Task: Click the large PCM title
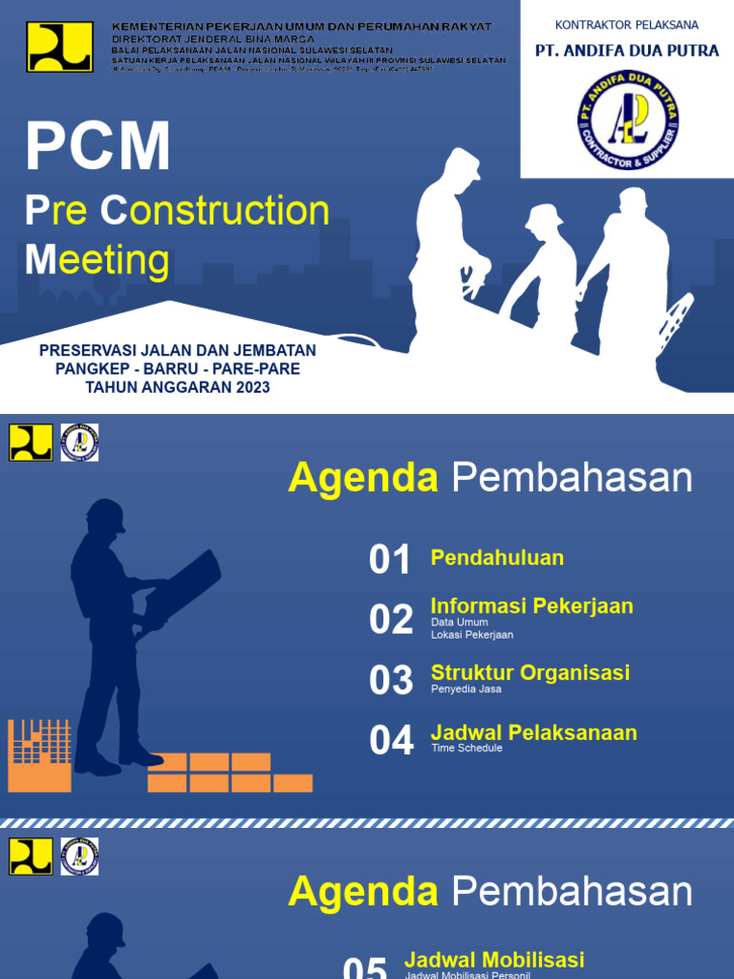point(97,146)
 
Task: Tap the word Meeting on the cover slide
point(97,259)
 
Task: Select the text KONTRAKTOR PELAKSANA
point(627,24)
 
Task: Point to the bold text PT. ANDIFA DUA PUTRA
point(627,50)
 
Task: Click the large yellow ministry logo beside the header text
point(59,47)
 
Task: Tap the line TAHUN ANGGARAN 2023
point(178,387)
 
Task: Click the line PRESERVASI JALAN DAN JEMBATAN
point(178,351)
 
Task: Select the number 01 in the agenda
point(390,560)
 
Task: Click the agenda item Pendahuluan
point(497,557)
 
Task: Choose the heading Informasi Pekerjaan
point(531,606)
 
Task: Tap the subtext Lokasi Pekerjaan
point(472,635)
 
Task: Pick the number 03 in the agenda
point(391,681)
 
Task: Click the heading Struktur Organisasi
point(529,672)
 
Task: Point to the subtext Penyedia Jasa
point(465,688)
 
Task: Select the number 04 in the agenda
point(391,741)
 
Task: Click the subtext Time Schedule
point(466,748)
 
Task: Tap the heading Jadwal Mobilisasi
point(494,960)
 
